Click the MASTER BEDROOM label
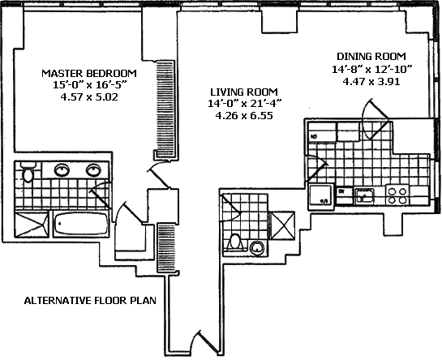click(89, 73)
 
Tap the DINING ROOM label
click(371, 57)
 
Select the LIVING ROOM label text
click(244, 92)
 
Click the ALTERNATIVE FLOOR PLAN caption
click(90, 301)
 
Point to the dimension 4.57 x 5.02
click(89, 97)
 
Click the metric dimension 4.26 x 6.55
click(244, 116)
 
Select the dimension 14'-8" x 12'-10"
click(371, 69)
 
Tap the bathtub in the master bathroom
click(81, 224)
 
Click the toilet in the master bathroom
click(28, 172)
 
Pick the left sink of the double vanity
click(62, 170)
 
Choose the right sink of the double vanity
click(93, 170)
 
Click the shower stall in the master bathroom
click(32, 225)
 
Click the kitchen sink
click(364, 195)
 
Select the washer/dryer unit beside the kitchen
click(320, 196)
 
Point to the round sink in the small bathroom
click(257, 248)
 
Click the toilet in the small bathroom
click(234, 242)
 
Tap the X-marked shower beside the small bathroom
click(283, 225)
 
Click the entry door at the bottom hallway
click(205, 342)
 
